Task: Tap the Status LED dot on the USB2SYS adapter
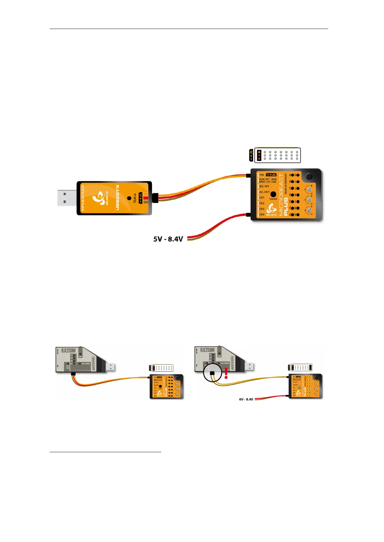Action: pos(129,198)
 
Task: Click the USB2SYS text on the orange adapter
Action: pos(117,198)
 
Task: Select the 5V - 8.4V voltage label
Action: pos(168,239)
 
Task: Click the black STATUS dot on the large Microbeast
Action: pos(273,194)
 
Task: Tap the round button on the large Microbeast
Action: pos(309,176)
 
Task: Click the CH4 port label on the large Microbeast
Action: pos(262,214)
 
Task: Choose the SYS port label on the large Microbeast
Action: pos(261,175)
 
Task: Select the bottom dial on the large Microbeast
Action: pos(309,210)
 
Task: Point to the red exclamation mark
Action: pos(226,373)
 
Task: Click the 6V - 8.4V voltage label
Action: pos(246,399)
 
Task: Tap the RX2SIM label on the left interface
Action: pos(68,350)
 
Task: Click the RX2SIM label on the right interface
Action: pos(207,350)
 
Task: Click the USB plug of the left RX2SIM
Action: pos(111,367)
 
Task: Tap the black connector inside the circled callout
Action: pos(212,374)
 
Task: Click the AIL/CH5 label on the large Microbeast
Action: pos(264,192)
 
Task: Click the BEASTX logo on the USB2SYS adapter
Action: pos(98,198)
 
